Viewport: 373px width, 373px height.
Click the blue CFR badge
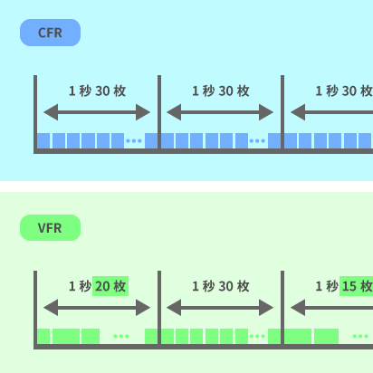50,33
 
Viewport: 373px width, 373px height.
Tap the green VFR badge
50,228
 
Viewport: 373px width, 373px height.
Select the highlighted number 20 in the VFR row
110,286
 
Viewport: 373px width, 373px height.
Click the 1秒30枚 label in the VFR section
220,286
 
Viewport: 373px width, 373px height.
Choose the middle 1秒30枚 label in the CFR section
220,91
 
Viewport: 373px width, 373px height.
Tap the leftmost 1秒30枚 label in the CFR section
97,91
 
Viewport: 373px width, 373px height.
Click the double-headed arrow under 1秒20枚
97,308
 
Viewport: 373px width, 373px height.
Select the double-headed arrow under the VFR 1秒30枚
220,308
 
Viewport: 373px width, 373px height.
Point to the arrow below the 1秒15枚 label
331,308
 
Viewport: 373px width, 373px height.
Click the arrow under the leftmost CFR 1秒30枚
97,112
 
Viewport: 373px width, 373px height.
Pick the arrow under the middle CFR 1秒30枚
220,112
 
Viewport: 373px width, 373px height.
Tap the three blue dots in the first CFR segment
134,141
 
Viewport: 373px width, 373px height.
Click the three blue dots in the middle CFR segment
257,141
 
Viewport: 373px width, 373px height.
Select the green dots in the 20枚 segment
121,337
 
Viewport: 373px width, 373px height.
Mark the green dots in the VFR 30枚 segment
258,337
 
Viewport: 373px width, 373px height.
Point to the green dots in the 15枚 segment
359,337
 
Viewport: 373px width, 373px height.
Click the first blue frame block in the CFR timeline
43,141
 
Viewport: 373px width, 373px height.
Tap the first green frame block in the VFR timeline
43,336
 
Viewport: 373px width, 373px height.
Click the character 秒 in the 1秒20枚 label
85,286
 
